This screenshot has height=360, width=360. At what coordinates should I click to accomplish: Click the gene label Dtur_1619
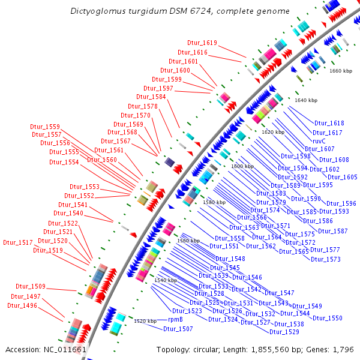pos(202,43)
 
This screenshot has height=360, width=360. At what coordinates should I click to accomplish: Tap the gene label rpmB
pos(175,320)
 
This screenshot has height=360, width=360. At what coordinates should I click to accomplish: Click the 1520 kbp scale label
pos(145,321)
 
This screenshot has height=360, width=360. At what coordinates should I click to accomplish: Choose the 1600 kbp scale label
pos(242,166)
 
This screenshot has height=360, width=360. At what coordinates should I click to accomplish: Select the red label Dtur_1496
pos(22,305)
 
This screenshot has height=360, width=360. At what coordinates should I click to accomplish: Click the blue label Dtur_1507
pos(178,329)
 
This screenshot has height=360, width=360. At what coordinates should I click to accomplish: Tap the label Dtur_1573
pos(325,259)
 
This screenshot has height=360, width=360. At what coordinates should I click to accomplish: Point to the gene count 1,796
pos(343,349)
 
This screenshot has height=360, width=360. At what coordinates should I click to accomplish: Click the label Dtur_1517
pos(18,242)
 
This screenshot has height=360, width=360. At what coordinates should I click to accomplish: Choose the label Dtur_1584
pos(151,97)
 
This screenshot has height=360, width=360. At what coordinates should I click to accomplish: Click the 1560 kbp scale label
pos(188,241)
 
